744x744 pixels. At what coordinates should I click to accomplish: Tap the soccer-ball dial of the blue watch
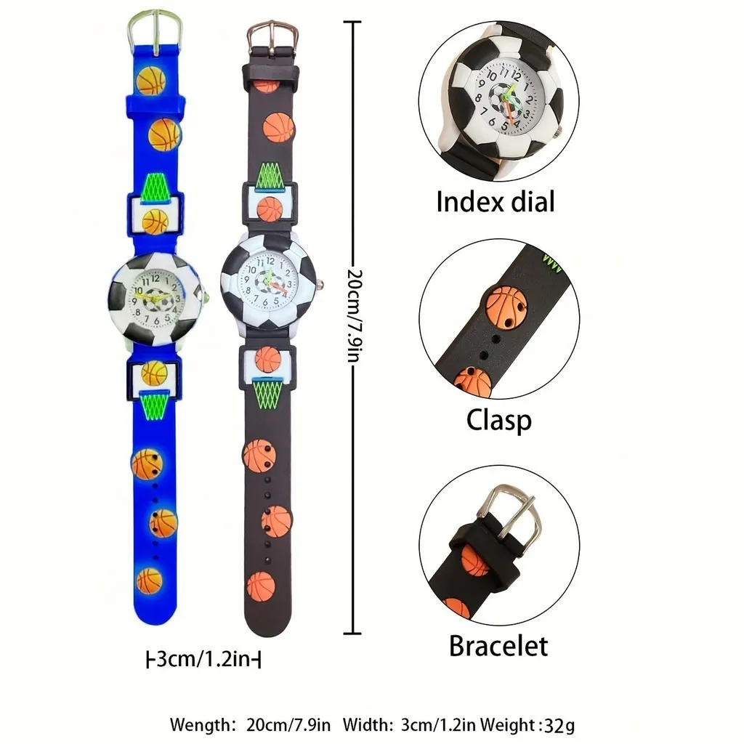(155, 299)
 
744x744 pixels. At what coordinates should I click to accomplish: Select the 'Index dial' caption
(495, 201)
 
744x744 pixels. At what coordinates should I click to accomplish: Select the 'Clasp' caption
(498, 420)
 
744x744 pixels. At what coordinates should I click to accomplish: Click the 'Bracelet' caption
(498, 645)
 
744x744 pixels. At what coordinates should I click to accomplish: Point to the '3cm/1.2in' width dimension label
(203, 660)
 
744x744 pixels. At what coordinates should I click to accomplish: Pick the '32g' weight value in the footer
(562, 724)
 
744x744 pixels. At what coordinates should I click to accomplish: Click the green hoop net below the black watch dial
(267, 393)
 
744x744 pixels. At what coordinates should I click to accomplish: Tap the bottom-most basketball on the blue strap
(149, 580)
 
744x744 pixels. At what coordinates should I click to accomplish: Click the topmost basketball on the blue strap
(151, 81)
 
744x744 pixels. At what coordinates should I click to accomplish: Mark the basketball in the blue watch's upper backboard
(155, 222)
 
